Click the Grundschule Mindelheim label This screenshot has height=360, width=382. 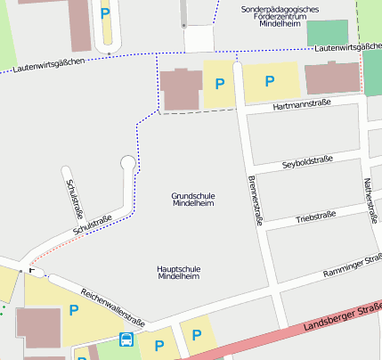(x=192, y=199)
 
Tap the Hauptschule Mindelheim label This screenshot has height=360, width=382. (x=178, y=272)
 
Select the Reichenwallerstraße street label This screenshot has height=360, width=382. (x=112, y=305)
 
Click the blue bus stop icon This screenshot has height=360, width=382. (x=126, y=340)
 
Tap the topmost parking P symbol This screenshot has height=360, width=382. (x=106, y=13)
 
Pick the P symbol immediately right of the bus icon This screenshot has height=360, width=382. (x=160, y=345)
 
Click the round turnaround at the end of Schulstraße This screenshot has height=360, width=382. (x=128, y=163)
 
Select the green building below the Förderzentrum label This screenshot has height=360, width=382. (x=328, y=32)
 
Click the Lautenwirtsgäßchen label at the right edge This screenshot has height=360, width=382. (x=347, y=46)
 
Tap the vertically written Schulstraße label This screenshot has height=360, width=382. (x=75, y=198)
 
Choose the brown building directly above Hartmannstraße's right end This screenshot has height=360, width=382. (x=332, y=78)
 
